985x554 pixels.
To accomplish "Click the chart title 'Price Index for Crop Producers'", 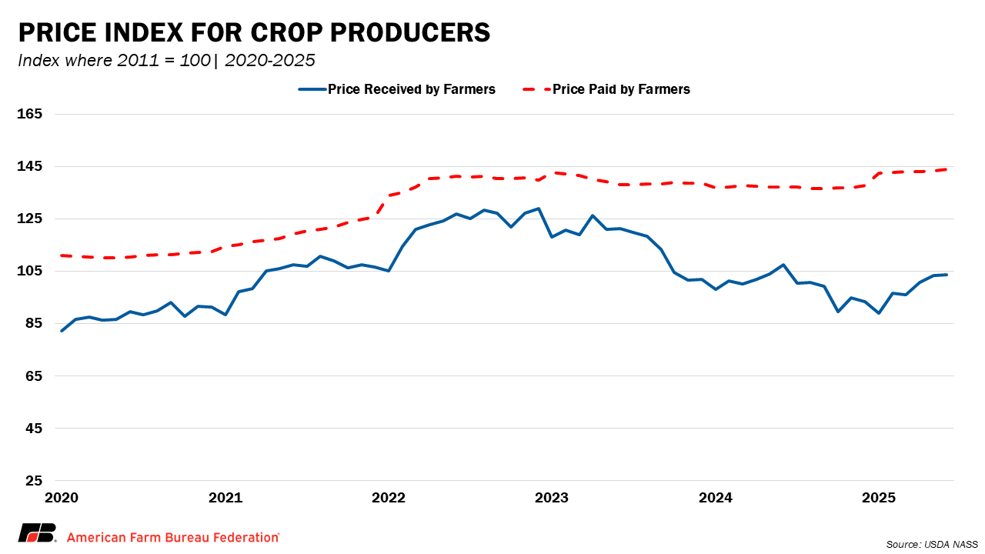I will click(x=254, y=33).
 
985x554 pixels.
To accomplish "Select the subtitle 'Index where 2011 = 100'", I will click(x=114, y=61).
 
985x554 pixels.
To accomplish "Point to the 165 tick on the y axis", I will click(x=30, y=114).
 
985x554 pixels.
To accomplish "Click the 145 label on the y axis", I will click(x=30, y=166).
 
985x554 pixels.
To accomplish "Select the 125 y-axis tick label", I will click(x=30, y=219).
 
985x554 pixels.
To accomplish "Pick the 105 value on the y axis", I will click(x=30, y=271).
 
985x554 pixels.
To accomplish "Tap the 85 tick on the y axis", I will click(x=33, y=323).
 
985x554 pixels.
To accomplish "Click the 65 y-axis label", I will click(x=33, y=375).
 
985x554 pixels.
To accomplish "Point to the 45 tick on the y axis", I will click(x=33, y=428).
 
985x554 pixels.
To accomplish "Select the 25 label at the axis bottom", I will click(x=33, y=481).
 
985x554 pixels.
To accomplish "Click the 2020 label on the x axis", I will click(x=62, y=498).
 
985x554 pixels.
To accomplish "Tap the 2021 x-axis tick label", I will click(x=225, y=498).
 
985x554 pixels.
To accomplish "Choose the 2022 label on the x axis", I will click(x=389, y=498).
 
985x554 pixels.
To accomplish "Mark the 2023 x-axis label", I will click(x=552, y=498).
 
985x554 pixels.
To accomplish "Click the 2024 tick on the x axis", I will click(x=715, y=498).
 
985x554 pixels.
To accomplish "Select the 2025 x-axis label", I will click(x=878, y=498).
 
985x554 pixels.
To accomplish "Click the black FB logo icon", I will click(x=38, y=533).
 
